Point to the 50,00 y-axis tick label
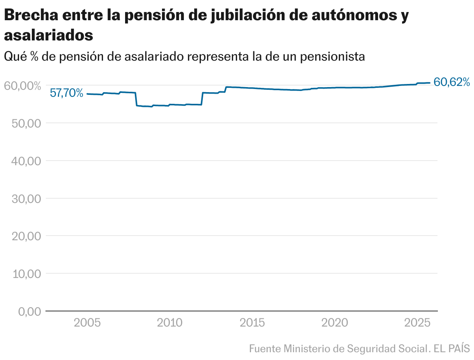[24, 123]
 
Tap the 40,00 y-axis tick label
[24, 161]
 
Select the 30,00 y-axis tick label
[24, 199]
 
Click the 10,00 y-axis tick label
[24, 274]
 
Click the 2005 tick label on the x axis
[87, 323]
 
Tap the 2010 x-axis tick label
[170, 323]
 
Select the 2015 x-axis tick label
[253, 323]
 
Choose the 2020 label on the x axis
[336, 323]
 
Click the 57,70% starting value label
[66, 93]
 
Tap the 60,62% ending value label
[452, 82]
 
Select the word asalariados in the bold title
[49, 35]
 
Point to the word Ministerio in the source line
[307, 348]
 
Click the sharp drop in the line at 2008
[136, 99]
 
